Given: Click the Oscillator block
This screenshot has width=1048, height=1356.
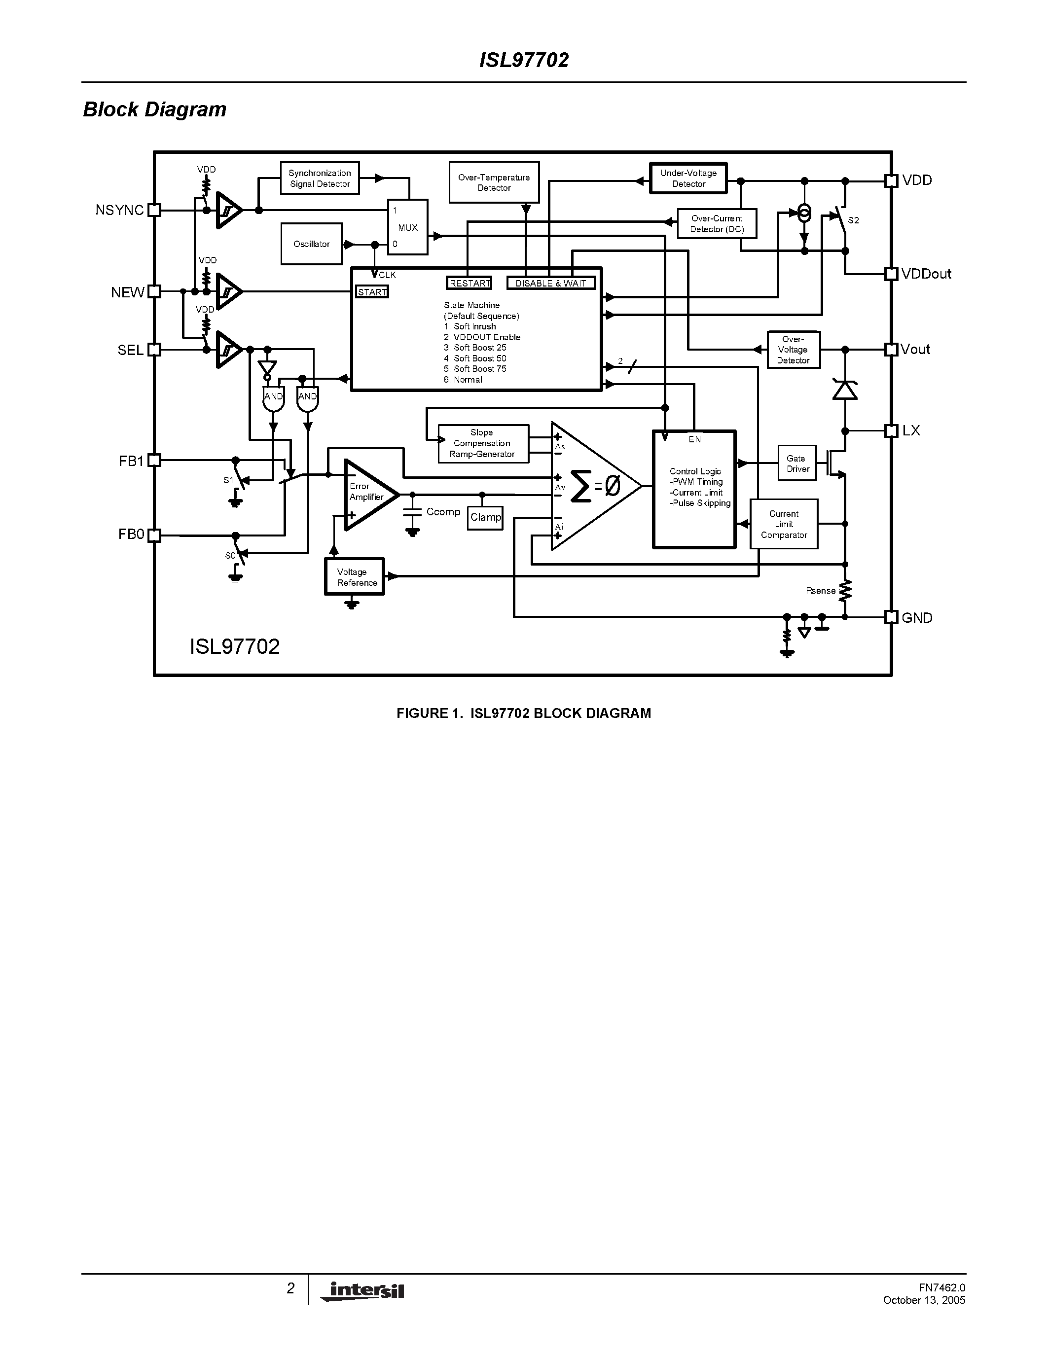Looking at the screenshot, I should (x=311, y=244).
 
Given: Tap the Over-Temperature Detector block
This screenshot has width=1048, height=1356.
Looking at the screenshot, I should (x=494, y=182).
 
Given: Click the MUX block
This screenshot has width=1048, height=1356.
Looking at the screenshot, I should (x=407, y=227).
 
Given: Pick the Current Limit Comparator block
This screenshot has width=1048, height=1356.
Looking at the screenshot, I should (x=784, y=524).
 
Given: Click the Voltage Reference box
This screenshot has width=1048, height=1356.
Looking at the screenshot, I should (x=355, y=577).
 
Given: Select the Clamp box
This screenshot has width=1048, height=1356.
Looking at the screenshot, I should (x=485, y=517).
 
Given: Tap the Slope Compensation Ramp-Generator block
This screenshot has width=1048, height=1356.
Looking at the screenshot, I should (x=483, y=443).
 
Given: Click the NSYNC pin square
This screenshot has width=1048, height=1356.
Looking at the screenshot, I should (x=154, y=211).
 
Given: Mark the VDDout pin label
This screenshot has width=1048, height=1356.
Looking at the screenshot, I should (x=926, y=274).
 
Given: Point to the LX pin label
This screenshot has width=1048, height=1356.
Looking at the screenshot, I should (x=911, y=430).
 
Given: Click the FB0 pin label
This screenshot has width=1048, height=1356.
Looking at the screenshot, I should (x=131, y=535).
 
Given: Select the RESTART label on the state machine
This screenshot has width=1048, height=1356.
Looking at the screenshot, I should (x=470, y=284).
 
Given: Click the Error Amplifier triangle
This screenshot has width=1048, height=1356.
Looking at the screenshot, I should (x=367, y=495).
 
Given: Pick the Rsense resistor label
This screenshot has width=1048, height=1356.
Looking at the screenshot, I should (x=820, y=590).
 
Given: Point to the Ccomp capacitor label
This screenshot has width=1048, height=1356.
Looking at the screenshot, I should (x=443, y=512).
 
